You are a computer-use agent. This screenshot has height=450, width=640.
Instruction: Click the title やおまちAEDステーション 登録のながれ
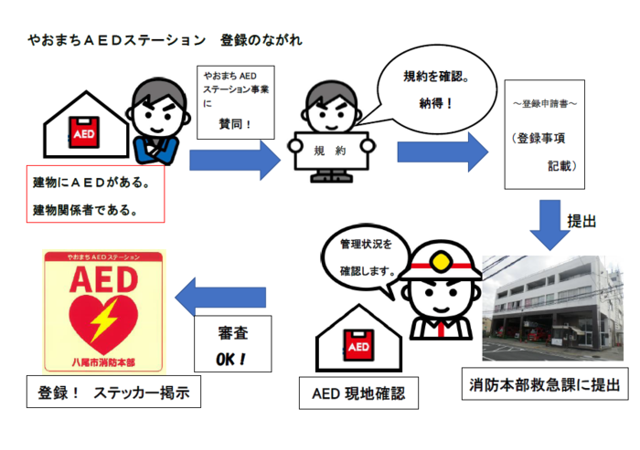[x=165, y=40]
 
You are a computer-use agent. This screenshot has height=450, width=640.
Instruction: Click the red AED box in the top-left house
[x=84, y=132]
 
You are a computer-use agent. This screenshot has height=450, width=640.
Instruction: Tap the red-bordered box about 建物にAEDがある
[x=95, y=194]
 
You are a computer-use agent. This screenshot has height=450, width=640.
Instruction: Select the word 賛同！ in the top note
[x=235, y=123]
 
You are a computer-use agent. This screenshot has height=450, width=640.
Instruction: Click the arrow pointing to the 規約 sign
[x=235, y=160]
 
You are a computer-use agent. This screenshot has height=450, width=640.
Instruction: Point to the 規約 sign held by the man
[x=331, y=151]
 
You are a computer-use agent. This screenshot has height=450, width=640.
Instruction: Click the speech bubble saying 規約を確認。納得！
[x=436, y=89]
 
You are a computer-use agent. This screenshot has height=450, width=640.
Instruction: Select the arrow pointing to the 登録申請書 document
[x=443, y=152]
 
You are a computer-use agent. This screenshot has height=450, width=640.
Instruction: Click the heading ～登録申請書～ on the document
[x=545, y=104]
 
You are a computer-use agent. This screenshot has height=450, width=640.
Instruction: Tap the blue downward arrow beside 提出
[x=549, y=225]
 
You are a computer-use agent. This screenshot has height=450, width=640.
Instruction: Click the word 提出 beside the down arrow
[x=581, y=221]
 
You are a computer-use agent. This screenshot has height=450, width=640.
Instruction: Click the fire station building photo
[x=552, y=309]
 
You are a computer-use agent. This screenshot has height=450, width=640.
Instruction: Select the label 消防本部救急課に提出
[x=545, y=384]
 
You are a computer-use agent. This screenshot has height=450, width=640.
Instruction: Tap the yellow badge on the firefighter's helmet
[x=441, y=262]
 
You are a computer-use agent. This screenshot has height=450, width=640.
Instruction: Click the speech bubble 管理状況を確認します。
[x=366, y=261]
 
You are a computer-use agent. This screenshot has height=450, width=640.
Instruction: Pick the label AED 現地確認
[x=358, y=393]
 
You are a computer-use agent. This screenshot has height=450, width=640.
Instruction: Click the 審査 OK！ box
[x=232, y=344]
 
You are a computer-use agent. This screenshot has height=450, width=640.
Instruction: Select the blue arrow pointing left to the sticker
[x=220, y=297]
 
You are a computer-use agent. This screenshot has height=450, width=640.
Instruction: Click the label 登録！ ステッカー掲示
[x=113, y=392]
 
